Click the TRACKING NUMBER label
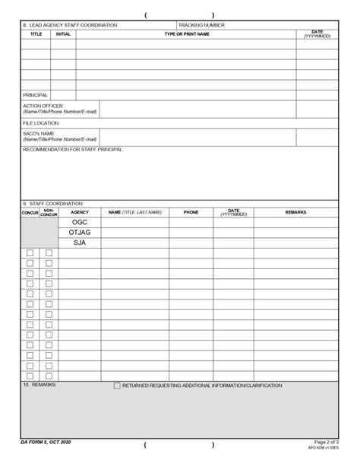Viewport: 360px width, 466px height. pyautogui.click(x=202, y=25)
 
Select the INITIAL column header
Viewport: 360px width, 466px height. pyautogui.click(x=63, y=34)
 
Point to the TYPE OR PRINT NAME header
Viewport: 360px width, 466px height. pyautogui.click(x=187, y=34)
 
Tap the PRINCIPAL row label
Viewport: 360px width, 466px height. pyautogui.click(x=35, y=95)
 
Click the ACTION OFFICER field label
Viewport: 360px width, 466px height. pyautogui.click(x=43, y=106)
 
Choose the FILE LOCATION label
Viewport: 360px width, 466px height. pyautogui.click(x=40, y=122)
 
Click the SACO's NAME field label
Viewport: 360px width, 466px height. pyautogui.click(x=38, y=133)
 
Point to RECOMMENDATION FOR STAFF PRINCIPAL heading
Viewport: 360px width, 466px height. pyautogui.click(x=73, y=149)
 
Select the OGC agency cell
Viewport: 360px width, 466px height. pyautogui.click(x=80, y=222)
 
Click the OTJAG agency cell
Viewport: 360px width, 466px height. pyautogui.click(x=80, y=233)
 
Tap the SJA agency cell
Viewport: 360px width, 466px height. pyautogui.click(x=80, y=243)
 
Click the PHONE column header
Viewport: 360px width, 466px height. pyautogui.click(x=191, y=212)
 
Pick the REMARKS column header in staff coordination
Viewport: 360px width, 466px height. pyautogui.click(x=295, y=212)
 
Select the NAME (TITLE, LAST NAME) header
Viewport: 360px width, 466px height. pyautogui.click(x=135, y=212)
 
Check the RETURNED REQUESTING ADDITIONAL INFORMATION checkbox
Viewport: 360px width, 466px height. pyautogui.click(x=117, y=386)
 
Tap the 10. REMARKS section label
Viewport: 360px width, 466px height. pyautogui.click(x=39, y=385)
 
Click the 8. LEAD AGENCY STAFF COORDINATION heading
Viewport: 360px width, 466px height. pyautogui.click(x=70, y=25)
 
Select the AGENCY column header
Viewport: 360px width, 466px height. pyautogui.click(x=80, y=212)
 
